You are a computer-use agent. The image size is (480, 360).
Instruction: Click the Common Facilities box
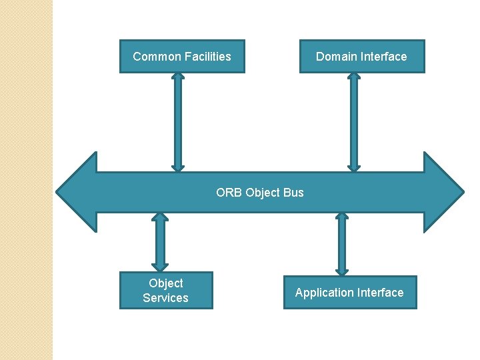click(x=182, y=57)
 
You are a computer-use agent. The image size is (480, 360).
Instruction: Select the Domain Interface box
click(x=361, y=57)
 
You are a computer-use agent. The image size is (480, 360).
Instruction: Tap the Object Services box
click(x=166, y=291)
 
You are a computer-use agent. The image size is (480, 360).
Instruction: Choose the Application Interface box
click(x=349, y=293)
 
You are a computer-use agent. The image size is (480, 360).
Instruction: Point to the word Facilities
click(x=207, y=57)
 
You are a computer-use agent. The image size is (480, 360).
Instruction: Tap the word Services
click(x=166, y=298)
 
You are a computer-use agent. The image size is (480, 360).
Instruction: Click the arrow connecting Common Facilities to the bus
click(x=177, y=122)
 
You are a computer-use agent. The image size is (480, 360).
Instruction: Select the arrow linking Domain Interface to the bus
click(x=354, y=122)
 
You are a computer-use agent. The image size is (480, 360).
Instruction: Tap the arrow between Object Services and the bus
click(x=159, y=242)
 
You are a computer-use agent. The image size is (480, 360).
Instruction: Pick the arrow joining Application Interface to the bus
click(x=342, y=244)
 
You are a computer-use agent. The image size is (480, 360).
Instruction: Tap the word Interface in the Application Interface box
click(x=379, y=293)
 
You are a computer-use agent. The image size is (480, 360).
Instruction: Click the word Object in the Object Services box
click(x=166, y=283)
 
